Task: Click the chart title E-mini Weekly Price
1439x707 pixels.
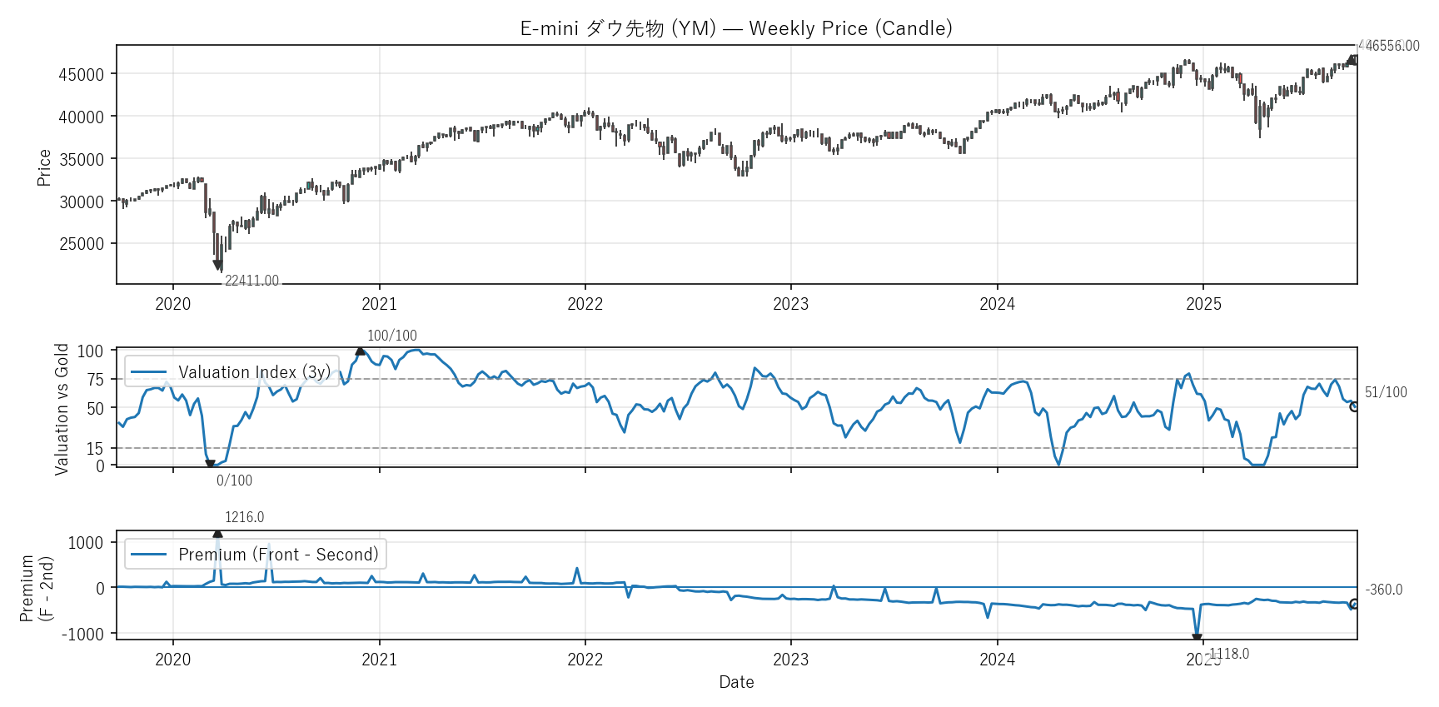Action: [736, 28]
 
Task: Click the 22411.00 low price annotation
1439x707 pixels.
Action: [251, 281]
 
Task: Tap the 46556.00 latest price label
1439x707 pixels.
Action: [1392, 46]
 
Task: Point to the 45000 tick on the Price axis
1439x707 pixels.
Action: [82, 75]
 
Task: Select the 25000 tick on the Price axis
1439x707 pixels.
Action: [82, 244]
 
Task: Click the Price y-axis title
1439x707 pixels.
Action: [44, 167]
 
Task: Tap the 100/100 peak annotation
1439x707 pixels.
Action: [392, 336]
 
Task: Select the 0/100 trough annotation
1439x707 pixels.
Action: [234, 480]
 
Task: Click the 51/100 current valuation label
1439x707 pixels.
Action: [1386, 392]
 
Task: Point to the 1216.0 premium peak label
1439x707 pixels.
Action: [244, 517]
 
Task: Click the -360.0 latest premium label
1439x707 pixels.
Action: [1384, 590]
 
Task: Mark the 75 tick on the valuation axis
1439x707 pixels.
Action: [96, 380]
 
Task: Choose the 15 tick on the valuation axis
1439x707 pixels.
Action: [96, 449]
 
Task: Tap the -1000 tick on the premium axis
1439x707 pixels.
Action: [84, 634]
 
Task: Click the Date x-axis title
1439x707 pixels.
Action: [736, 682]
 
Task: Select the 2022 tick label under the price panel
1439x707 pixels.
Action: [585, 304]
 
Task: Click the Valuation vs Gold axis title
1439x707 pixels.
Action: [62, 409]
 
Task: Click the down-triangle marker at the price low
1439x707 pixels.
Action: [218, 265]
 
